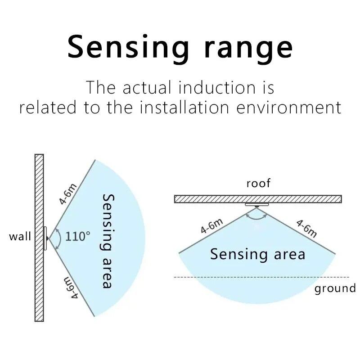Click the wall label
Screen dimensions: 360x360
tap(20, 236)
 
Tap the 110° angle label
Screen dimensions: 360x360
tap(78, 236)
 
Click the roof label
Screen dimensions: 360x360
tap(258, 183)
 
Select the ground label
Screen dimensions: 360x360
tap(335, 288)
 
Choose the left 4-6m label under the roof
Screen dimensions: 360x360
tap(211, 225)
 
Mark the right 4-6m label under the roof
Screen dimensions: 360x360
tap(306, 228)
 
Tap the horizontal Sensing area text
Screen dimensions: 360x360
tap(257, 254)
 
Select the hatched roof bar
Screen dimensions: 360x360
tap(257, 199)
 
